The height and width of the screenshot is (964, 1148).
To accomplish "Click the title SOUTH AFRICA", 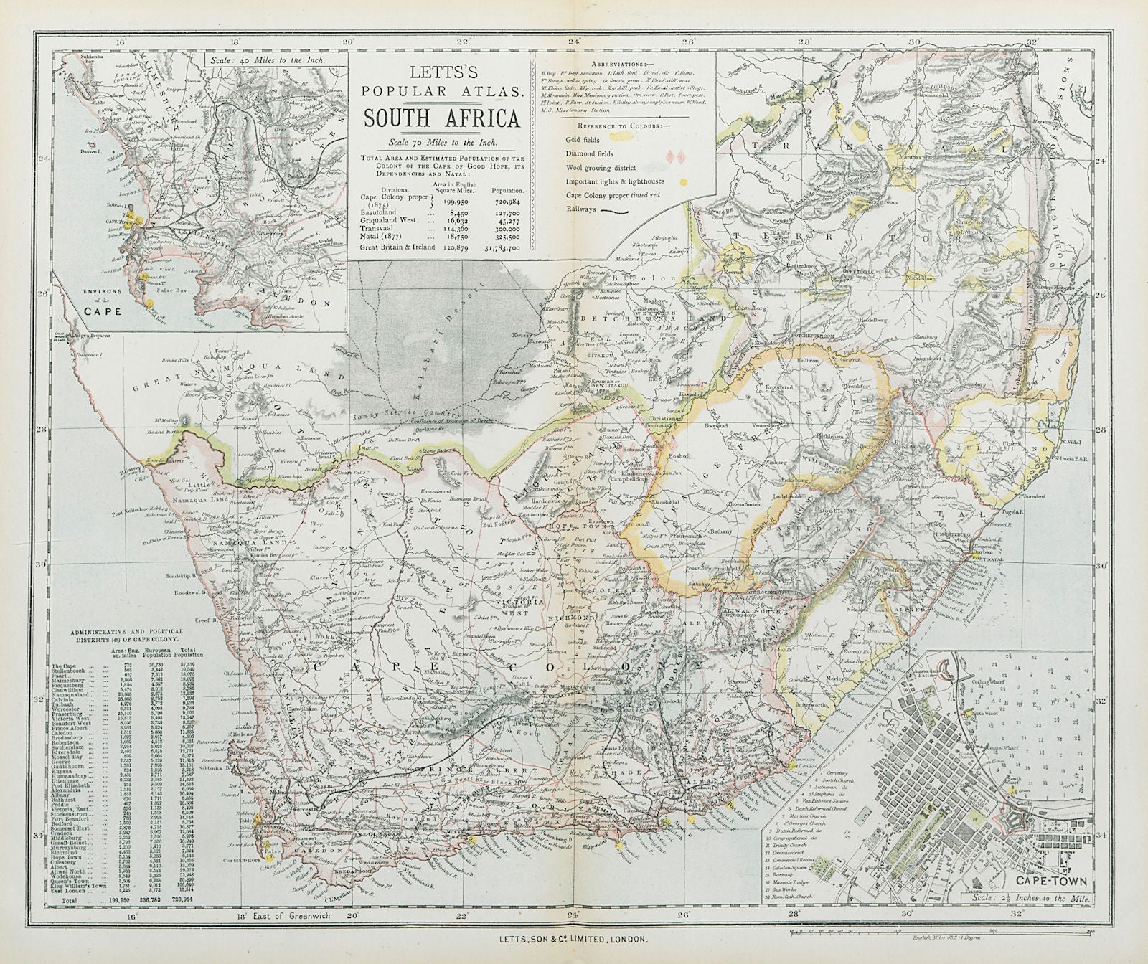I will click(x=441, y=118).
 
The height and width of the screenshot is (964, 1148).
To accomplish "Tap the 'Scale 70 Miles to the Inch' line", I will click(x=441, y=141).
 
